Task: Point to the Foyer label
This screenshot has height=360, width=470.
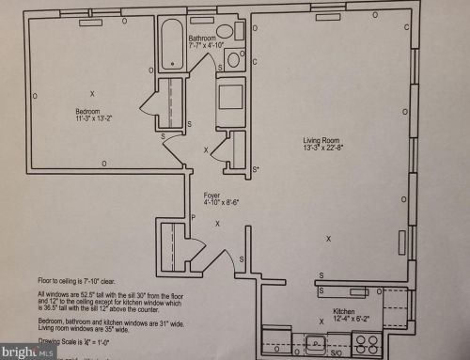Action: click(x=211, y=195)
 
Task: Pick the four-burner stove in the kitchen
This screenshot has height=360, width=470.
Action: click(x=362, y=343)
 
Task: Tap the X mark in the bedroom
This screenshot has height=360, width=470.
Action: click(x=92, y=93)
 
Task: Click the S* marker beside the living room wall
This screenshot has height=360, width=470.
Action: click(x=256, y=169)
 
